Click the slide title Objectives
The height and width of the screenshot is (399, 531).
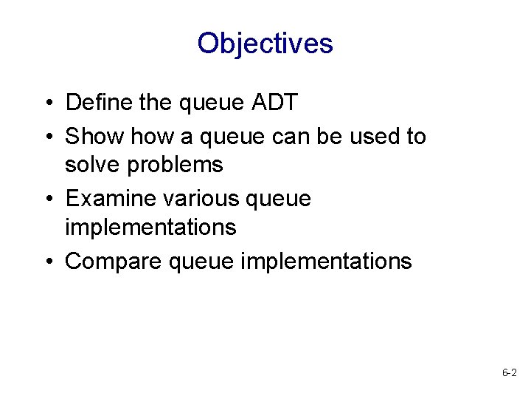pos(265,44)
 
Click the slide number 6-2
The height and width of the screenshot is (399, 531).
pos(509,374)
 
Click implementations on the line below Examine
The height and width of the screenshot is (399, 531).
pos(150,227)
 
